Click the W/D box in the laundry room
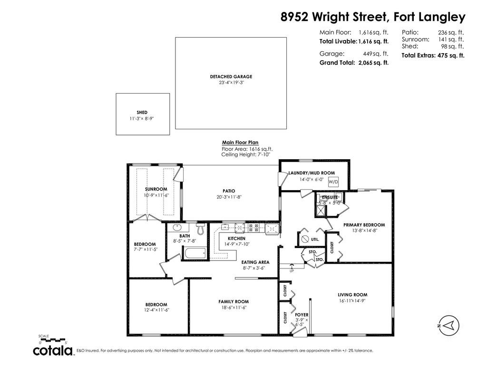pos(333,182)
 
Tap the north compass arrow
pos(448,325)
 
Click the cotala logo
pos(53,350)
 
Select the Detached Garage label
pos(231,77)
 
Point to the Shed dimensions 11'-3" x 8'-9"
pos(142,118)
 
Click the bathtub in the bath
pos(195,253)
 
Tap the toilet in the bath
pos(201,229)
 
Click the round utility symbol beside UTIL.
pos(304,240)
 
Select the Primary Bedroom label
pos(364,225)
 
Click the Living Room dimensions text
pos(352,301)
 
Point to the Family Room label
pos(234,302)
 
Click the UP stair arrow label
pos(292,271)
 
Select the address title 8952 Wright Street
pos(334,17)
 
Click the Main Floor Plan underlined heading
pos(240,143)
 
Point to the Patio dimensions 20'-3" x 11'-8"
pos(229,197)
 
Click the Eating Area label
pos(255,262)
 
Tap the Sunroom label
pos(156,189)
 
